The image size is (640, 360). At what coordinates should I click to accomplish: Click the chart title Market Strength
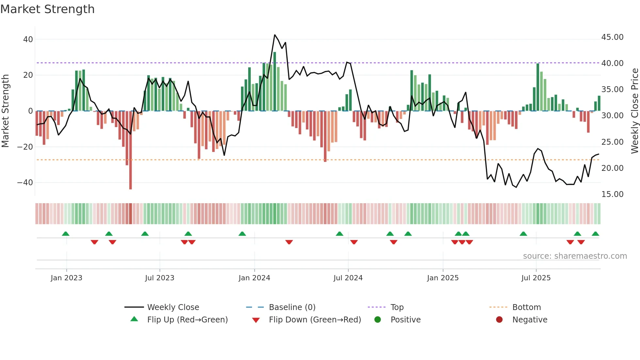[x=47, y=9]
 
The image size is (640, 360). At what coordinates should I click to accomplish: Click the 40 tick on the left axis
[x=28, y=40]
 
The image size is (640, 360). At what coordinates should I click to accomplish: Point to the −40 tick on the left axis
[x=25, y=183]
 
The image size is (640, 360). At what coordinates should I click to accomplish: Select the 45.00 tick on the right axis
[x=612, y=37]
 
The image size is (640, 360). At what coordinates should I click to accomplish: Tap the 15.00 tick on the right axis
[x=612, y=194]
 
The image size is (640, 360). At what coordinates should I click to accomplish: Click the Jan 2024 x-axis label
[x=254, y=278]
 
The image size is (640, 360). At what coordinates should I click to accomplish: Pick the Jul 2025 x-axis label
[x=536, y=278]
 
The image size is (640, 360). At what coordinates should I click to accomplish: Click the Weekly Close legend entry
[x=173, y=307]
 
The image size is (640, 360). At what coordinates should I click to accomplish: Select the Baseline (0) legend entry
[x=292, y=307]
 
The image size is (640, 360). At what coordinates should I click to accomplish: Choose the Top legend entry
[x=397, y=307]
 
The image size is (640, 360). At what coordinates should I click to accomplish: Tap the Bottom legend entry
[x=526, y=307]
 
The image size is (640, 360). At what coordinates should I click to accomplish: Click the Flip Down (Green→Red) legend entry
[x=314, y=320]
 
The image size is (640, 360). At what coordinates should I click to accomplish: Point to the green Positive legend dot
[x=377, y=320]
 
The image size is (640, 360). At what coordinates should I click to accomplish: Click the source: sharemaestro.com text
[x=575, y=256]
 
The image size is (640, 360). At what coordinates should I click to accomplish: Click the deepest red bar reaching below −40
[x=131, y=183]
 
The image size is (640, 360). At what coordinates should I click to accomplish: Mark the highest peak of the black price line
[x=275, y=35]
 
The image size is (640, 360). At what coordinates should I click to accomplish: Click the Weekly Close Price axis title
[x=634, y=111]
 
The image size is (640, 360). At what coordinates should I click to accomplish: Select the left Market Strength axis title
[x=5, y=111]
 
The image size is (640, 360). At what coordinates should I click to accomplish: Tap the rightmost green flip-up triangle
[x=595, y=234]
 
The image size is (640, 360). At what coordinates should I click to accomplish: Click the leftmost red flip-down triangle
[x=94, y=242]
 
